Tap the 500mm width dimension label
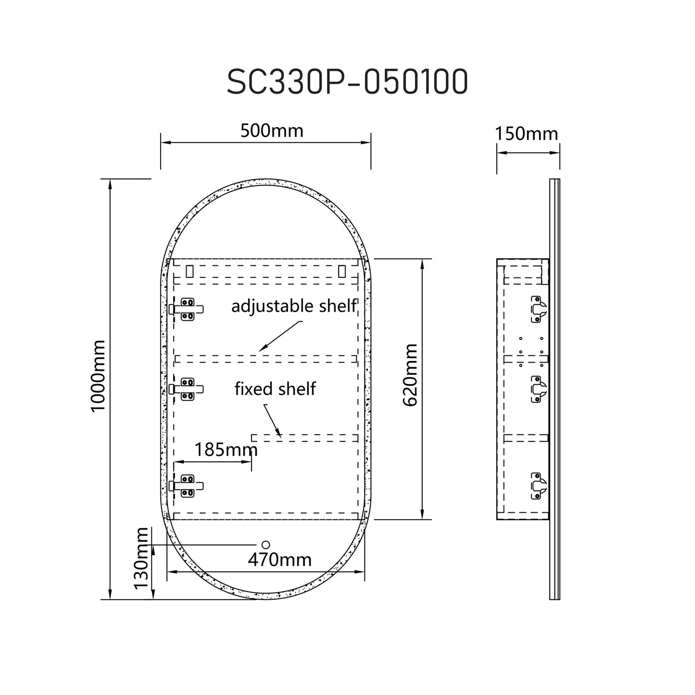click(x=272, y=130)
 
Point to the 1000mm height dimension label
click(x=98, y=376)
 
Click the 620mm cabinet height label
click(x=410, y=375)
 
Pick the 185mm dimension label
click(x=226, y=449)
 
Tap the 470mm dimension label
click(x=279, y=560)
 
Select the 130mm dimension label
click(x=141, y=558)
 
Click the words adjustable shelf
click(x=294, y=306)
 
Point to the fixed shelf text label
click(x=275, y=389)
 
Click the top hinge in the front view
click(x=187, y=309)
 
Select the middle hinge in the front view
click(x=187, y=389)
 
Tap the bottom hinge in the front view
click(x=187, y=486)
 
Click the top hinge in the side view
click(x=539, y=309)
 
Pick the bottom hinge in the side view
click(x=539, y=486)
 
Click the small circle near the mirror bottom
click(x=265, y=544)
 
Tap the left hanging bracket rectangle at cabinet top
click(x=190, y=272)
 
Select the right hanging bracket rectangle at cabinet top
click(x=342, y=272)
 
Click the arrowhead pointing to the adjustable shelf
click(x=264, y=347)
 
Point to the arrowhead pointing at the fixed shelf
click(x=279, y=434)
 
